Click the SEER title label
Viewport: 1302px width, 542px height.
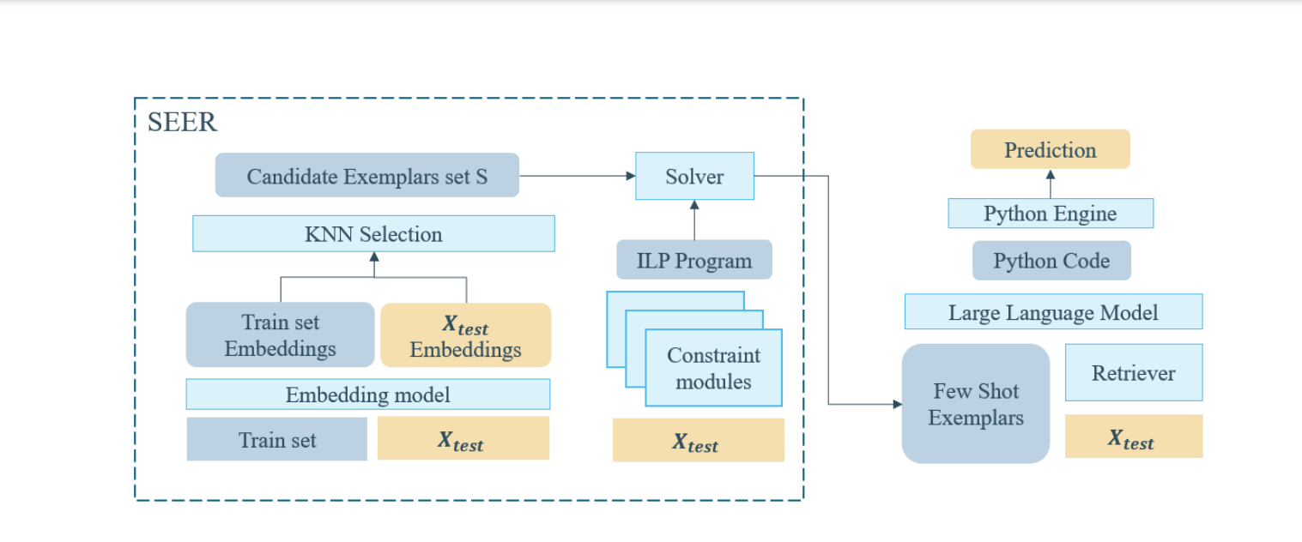182,122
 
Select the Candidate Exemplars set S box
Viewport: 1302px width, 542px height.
366,175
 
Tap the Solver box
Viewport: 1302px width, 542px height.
694,176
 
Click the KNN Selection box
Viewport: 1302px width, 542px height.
373,233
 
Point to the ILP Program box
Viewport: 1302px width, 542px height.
694,260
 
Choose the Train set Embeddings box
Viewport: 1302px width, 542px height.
280,334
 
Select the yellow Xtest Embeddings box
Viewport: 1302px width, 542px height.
465,335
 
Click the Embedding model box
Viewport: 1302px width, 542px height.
368,394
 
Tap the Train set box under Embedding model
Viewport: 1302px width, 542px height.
276,439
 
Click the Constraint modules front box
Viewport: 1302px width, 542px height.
714,368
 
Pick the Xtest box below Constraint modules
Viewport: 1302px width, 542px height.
698,440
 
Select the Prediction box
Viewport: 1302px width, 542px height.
1051,149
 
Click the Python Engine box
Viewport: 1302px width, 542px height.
1051,214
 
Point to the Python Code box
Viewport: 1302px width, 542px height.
1051,260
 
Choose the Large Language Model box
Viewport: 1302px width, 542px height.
1053,311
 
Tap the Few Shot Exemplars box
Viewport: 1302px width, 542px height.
976,404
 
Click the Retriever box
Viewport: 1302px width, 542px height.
1134,372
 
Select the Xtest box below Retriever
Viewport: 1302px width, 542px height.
1134,437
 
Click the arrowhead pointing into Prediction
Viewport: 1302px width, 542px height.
1051,174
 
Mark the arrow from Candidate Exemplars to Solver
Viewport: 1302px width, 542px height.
577,176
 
